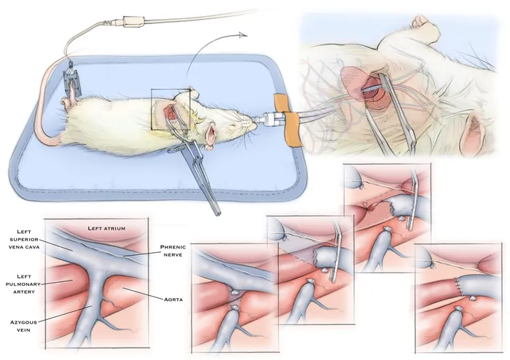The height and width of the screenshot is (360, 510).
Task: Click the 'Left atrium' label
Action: point(106,228)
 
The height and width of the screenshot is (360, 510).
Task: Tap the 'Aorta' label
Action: point(173,300)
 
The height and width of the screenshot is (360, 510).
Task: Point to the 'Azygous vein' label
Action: point(23,326)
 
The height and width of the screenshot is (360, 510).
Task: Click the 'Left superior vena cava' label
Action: point(24,239)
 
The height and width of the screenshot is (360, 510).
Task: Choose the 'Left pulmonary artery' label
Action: point(24,284)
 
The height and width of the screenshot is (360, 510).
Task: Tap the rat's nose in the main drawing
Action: point(254,124)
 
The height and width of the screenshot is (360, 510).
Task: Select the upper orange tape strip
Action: point(280,103)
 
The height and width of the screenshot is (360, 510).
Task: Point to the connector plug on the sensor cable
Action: point(133,22)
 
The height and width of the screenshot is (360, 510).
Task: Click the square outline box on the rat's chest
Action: point(170,109)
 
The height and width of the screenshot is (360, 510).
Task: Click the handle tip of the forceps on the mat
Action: point(218,213)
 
